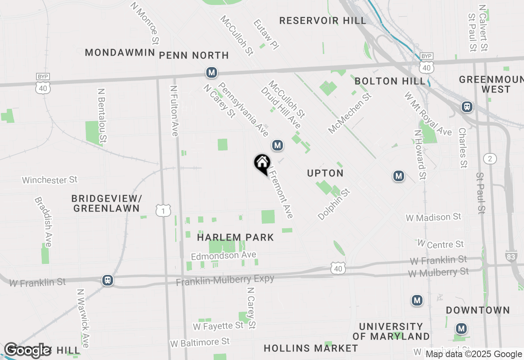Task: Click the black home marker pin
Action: (262, 164)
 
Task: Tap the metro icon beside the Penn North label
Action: (211, 73)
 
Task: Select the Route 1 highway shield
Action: (163, 211)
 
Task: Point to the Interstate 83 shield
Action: (511, 256)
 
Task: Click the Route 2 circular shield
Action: (490, 158)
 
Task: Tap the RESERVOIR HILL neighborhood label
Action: (323, 20)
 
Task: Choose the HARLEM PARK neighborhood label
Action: (235, 237)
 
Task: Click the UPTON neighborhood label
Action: (325, 173)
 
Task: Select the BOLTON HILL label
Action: (390, 81)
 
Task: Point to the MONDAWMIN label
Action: (120, 52)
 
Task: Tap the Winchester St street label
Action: (50, 180)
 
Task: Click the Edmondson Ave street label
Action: (224, 255)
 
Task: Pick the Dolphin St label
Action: (334, 204)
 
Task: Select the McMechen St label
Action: (349, 113)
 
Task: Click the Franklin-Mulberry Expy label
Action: (225, 280)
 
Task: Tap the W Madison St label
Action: (433, 217)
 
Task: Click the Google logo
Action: (28, 350)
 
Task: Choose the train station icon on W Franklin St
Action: (108, 280)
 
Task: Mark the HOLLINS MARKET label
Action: (311, 348)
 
